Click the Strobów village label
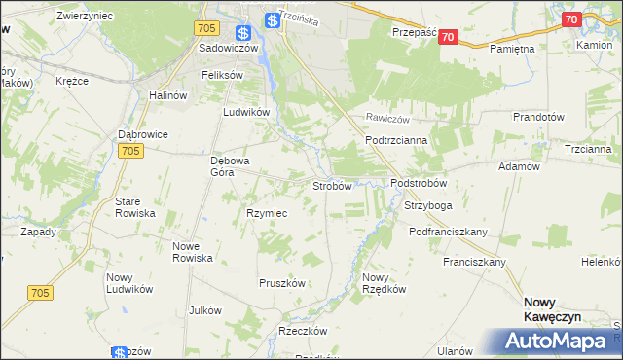[331, 186]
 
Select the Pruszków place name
[282, 283]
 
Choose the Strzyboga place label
[428, 206]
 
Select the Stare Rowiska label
[135, 206]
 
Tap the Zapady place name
[38, 233]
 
